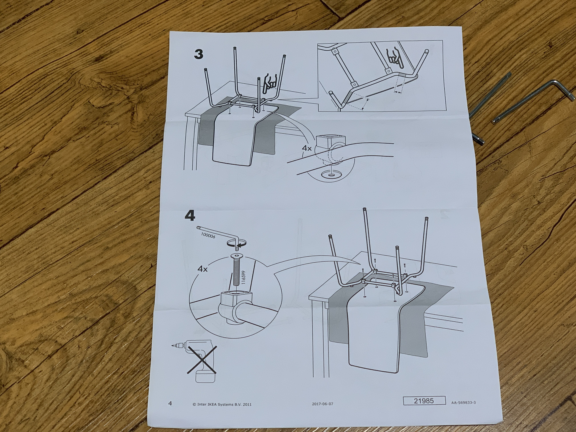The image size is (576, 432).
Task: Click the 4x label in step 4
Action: (x=202, y=269)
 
